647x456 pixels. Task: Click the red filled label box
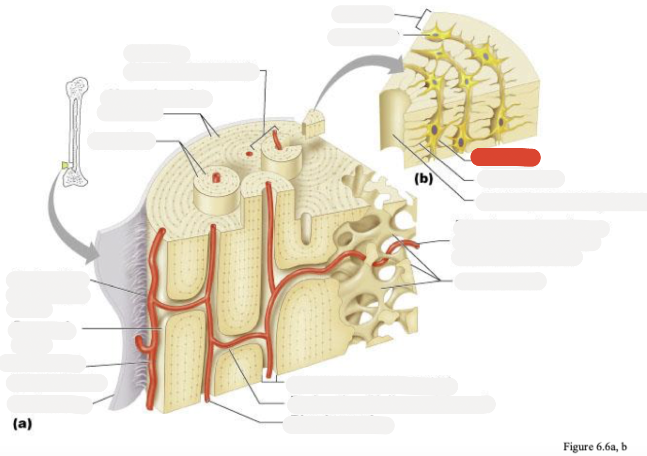pyautogui.click(x=505, y=157)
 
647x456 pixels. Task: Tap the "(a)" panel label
pyautogui.click(x=23, y=424)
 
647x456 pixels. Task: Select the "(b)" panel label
pyautogui.click(x=423, y=178)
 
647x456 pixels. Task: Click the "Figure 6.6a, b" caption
pyautogui.click(x=595, y=447)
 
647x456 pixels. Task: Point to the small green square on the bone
pyautogui.click(x=65, y=165)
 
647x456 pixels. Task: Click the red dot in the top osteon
pyautogui.click(x=249, y=153)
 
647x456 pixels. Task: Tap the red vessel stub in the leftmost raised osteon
pyautogui.click(x=216, y=177)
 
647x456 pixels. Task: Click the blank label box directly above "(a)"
pyautogui.click(x=49, y=404)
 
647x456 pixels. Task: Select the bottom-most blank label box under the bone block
pyautogui.click(x=338, y=425)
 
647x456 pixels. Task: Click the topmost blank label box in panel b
pyautogui.click(x=362, y=14)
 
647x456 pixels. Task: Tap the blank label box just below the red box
pyautogui.click(x=520, y=179)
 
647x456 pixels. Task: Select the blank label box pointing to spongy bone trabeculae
pyautogui.click(x=500, y=281)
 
